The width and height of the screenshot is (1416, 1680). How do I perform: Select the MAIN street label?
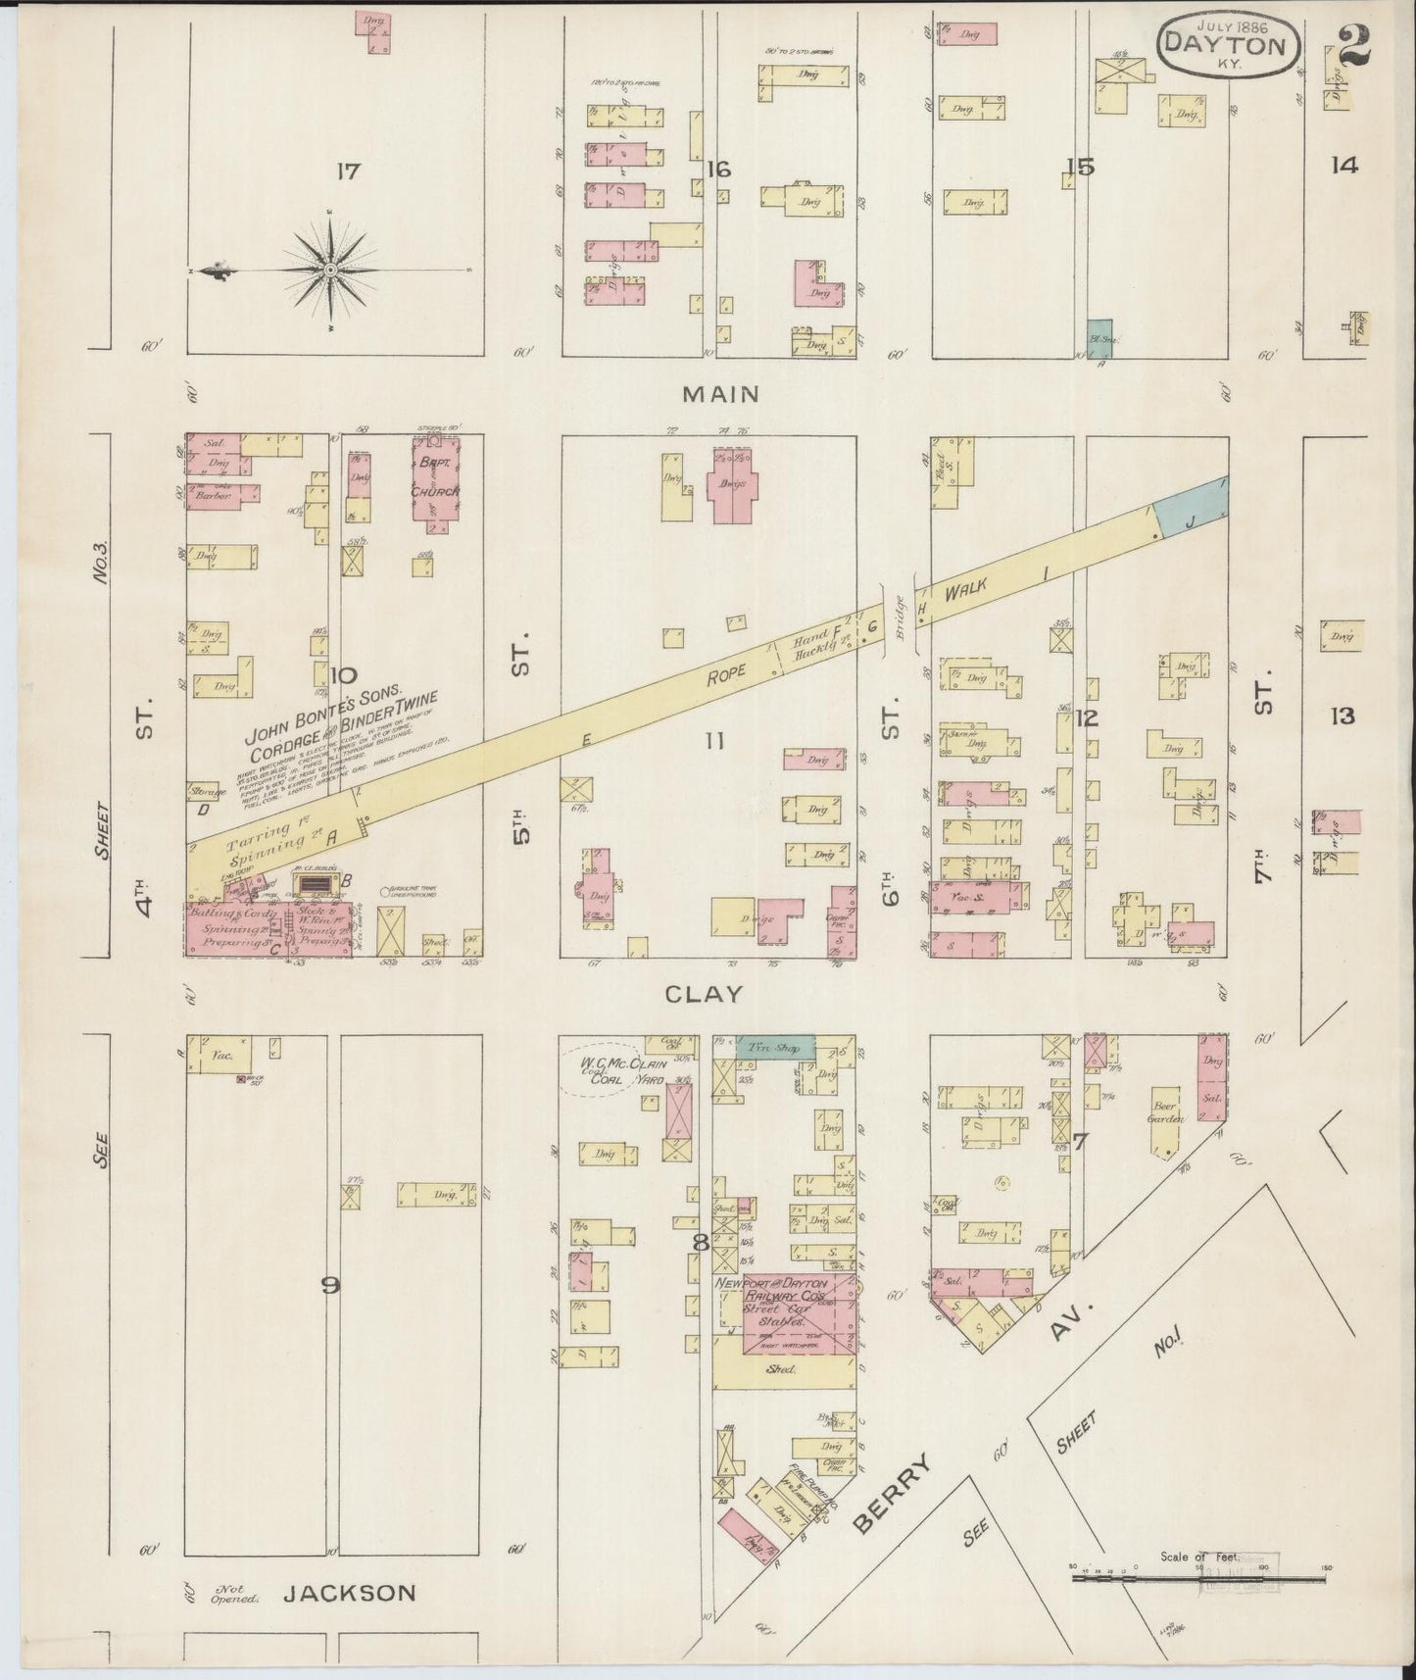point(721,394)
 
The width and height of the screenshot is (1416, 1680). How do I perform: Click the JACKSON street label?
point(349,1594)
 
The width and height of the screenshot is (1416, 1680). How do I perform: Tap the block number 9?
point(331,1285)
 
